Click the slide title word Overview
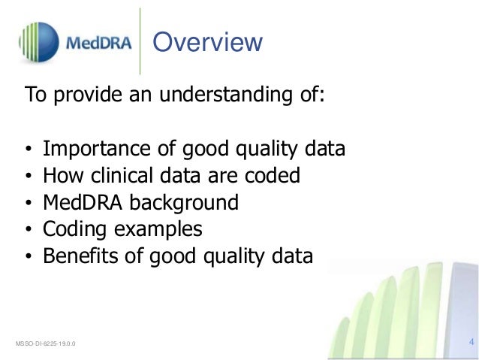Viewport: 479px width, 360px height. coord(207,42)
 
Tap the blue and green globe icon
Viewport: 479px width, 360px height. coord(38,41)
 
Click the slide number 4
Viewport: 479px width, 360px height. coord(471,343)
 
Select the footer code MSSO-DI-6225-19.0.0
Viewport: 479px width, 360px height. coord(45,344)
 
